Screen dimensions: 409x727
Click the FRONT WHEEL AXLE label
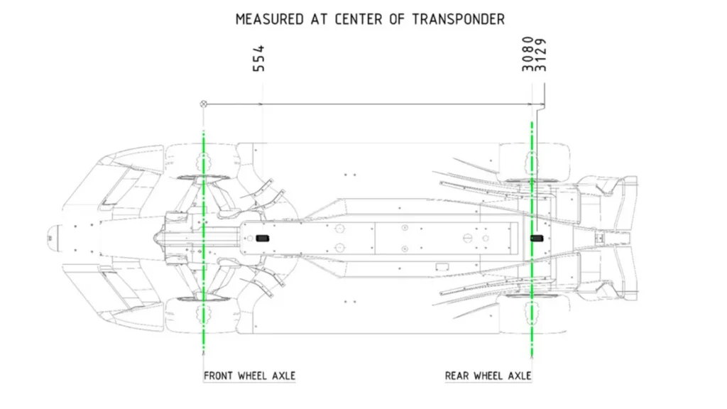[249, 375]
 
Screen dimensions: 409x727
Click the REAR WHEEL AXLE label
[488, 375]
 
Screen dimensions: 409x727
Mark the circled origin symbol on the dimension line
[204, 104]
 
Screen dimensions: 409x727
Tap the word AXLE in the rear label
[517, 375]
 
